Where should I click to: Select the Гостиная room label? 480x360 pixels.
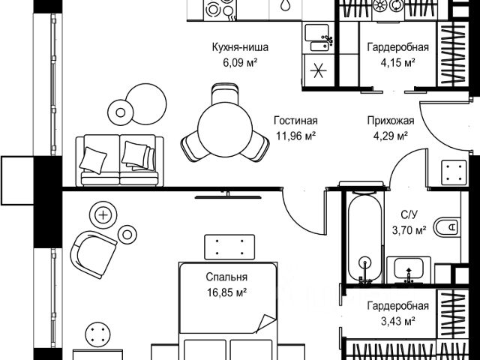(295, 121)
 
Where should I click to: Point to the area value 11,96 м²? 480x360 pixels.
(295, 135)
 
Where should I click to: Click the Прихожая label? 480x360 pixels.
(387, 121)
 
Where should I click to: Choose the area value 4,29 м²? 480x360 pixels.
(387, 135)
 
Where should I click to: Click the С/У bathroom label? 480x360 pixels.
(409, 215)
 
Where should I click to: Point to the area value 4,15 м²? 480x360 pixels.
(397, 62)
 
